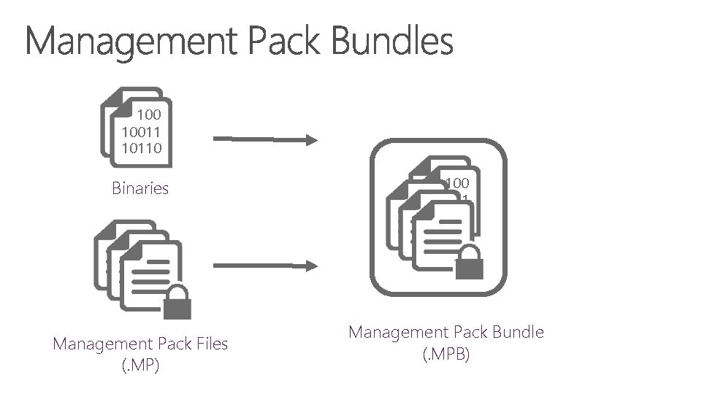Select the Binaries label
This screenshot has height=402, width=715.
tap(140, 188)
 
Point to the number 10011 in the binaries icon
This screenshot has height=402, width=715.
tap(142, 131)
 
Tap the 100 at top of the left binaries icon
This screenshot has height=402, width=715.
tap(149, 115)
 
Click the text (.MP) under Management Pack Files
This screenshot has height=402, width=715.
tap(140, 365)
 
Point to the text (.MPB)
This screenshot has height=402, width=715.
tap(446, 355)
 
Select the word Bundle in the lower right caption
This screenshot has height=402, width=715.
tap(519, 333)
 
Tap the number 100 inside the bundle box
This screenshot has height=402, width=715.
tap(457, 183)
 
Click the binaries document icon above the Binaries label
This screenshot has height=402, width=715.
tap(136, 128)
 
